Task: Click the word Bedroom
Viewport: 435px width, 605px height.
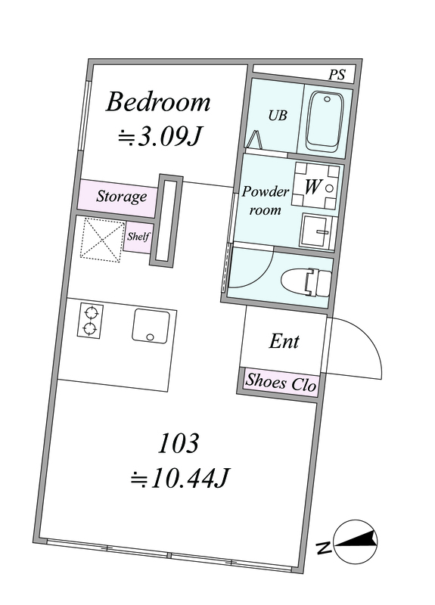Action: point(158,102)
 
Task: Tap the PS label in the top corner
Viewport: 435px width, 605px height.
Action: point(337,74)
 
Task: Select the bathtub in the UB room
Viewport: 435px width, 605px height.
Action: point(325,119)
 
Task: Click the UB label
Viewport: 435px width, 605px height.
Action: point(278,115)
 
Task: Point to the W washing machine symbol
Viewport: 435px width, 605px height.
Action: point(315,185)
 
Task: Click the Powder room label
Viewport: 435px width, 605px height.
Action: point(266,200)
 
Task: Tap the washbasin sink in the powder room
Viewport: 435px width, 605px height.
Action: point(318,231)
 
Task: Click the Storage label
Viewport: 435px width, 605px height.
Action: point(121,197)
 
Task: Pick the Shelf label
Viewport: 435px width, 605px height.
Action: point(138,236)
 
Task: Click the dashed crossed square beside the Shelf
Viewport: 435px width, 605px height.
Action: point(102,240)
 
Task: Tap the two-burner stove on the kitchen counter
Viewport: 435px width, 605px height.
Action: point(90,321)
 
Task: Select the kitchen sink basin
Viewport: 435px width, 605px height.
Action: point(151,326)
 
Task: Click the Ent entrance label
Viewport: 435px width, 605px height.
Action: point(284,342)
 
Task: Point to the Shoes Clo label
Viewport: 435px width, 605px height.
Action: point(281,383)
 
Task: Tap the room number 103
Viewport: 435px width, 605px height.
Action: point(179,443)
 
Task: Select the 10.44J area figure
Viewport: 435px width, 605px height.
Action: point(180,479)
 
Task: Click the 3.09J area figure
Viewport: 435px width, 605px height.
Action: point(160,137)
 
